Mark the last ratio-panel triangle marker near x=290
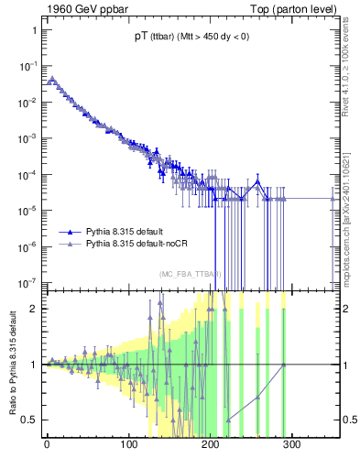pyautogui.click(x=283, y=365)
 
